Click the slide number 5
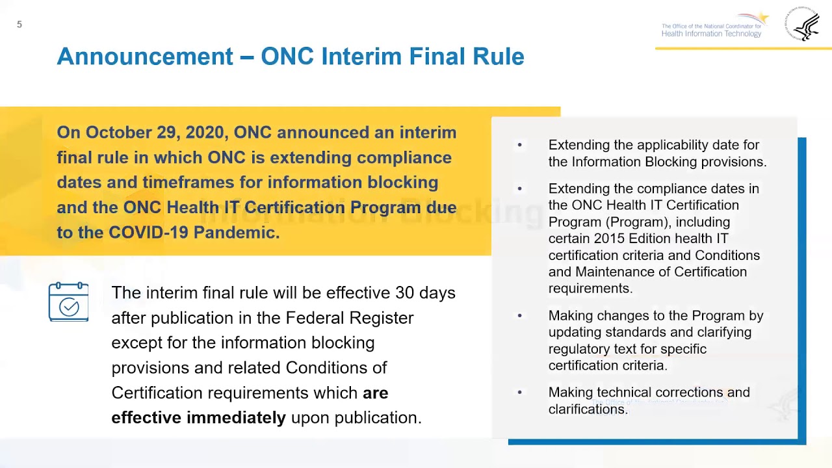19,25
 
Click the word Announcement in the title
145,57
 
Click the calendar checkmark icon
69,302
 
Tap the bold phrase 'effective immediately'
198,417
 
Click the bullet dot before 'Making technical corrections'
519,393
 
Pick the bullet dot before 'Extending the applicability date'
519,145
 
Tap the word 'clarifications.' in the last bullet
588,409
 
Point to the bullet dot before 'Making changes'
519,316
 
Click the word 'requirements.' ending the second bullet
590,289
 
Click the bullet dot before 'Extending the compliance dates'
519,188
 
